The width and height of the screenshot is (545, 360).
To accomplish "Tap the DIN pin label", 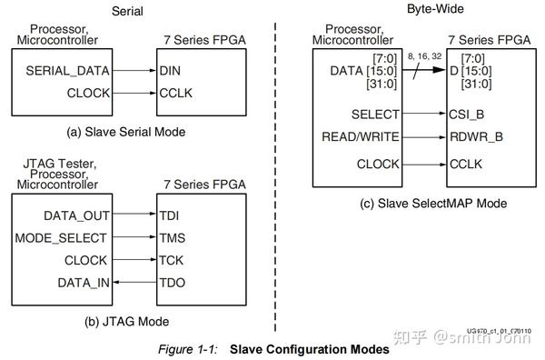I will point(171,70).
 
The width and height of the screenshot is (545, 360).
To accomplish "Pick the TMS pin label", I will point(171,237).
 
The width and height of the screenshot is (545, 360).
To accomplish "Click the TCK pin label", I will point(170,259).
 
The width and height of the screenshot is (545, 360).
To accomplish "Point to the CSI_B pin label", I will point(467,115).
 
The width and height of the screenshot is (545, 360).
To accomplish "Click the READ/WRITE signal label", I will point(360,138).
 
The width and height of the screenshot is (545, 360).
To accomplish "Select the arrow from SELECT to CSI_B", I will point(426,115).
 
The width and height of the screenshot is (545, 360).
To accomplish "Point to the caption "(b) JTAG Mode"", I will point(124,321).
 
